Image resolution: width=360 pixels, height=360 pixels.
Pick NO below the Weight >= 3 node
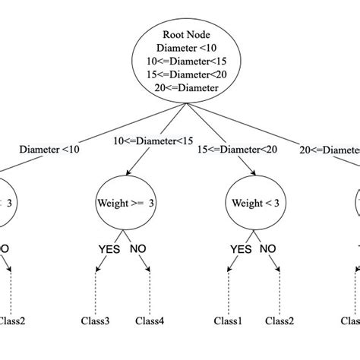[139, 248]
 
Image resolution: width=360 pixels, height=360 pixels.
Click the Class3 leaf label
[96, 321]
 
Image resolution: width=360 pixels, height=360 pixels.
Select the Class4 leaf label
[150, 321]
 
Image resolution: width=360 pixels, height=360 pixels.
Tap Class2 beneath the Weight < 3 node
[281, 321]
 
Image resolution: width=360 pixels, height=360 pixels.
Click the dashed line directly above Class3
[96, 292]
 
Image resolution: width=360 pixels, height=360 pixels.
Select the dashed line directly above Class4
[150, 292]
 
